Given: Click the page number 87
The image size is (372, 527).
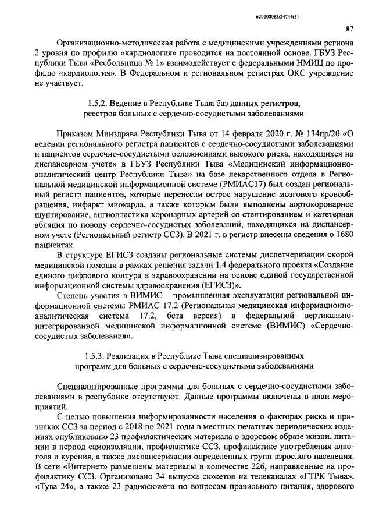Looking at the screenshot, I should [x=349, y=29].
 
